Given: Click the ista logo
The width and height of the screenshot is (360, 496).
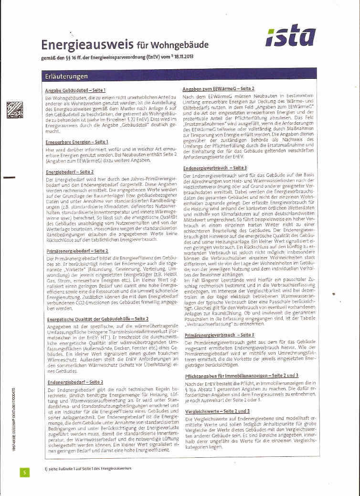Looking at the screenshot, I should click(x=291, y=36).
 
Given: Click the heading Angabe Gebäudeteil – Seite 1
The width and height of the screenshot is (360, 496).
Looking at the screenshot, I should click(x=75, y=90).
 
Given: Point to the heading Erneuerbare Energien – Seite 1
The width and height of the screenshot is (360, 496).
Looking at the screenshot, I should click(x=77, y=142).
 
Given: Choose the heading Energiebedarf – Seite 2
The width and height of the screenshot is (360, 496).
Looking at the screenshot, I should click(x=70, y=171).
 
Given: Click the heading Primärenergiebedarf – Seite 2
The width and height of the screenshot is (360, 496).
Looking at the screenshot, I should click(x=77, y=250).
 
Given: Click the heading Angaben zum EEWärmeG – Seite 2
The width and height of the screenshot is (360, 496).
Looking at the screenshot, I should click(x=218, y=89).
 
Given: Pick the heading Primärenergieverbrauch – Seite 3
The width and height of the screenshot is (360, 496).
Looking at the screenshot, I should click(x=219, y=335).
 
